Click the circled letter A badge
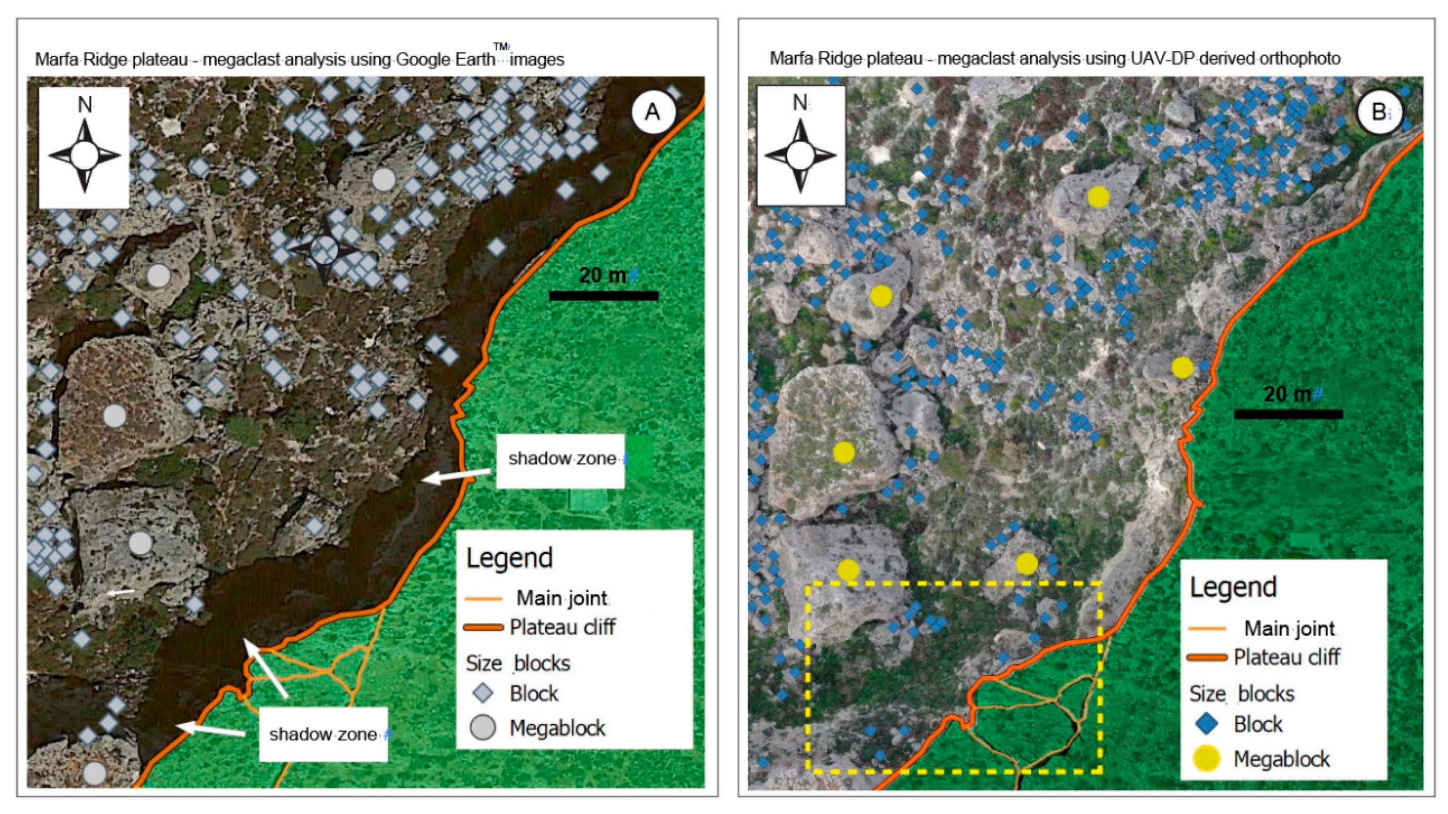coord(652,112)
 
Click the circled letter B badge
coord(1379,112)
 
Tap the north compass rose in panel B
coord(800,146)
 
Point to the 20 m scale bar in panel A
coord(603,295)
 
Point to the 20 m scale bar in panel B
coord(1289,414)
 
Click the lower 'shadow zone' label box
coord(323,733)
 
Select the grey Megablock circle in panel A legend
coord(482,727)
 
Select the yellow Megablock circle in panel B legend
coord(1206,758)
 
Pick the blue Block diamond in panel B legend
coord(1206,724)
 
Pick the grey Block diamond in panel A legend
coord(482,693)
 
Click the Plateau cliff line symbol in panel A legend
coord(483,627)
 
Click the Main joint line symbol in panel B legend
coord(1207,629)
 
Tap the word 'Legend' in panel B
coord(1233,587)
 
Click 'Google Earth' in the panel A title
coord(445,59)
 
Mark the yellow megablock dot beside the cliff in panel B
coord(1182,368)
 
